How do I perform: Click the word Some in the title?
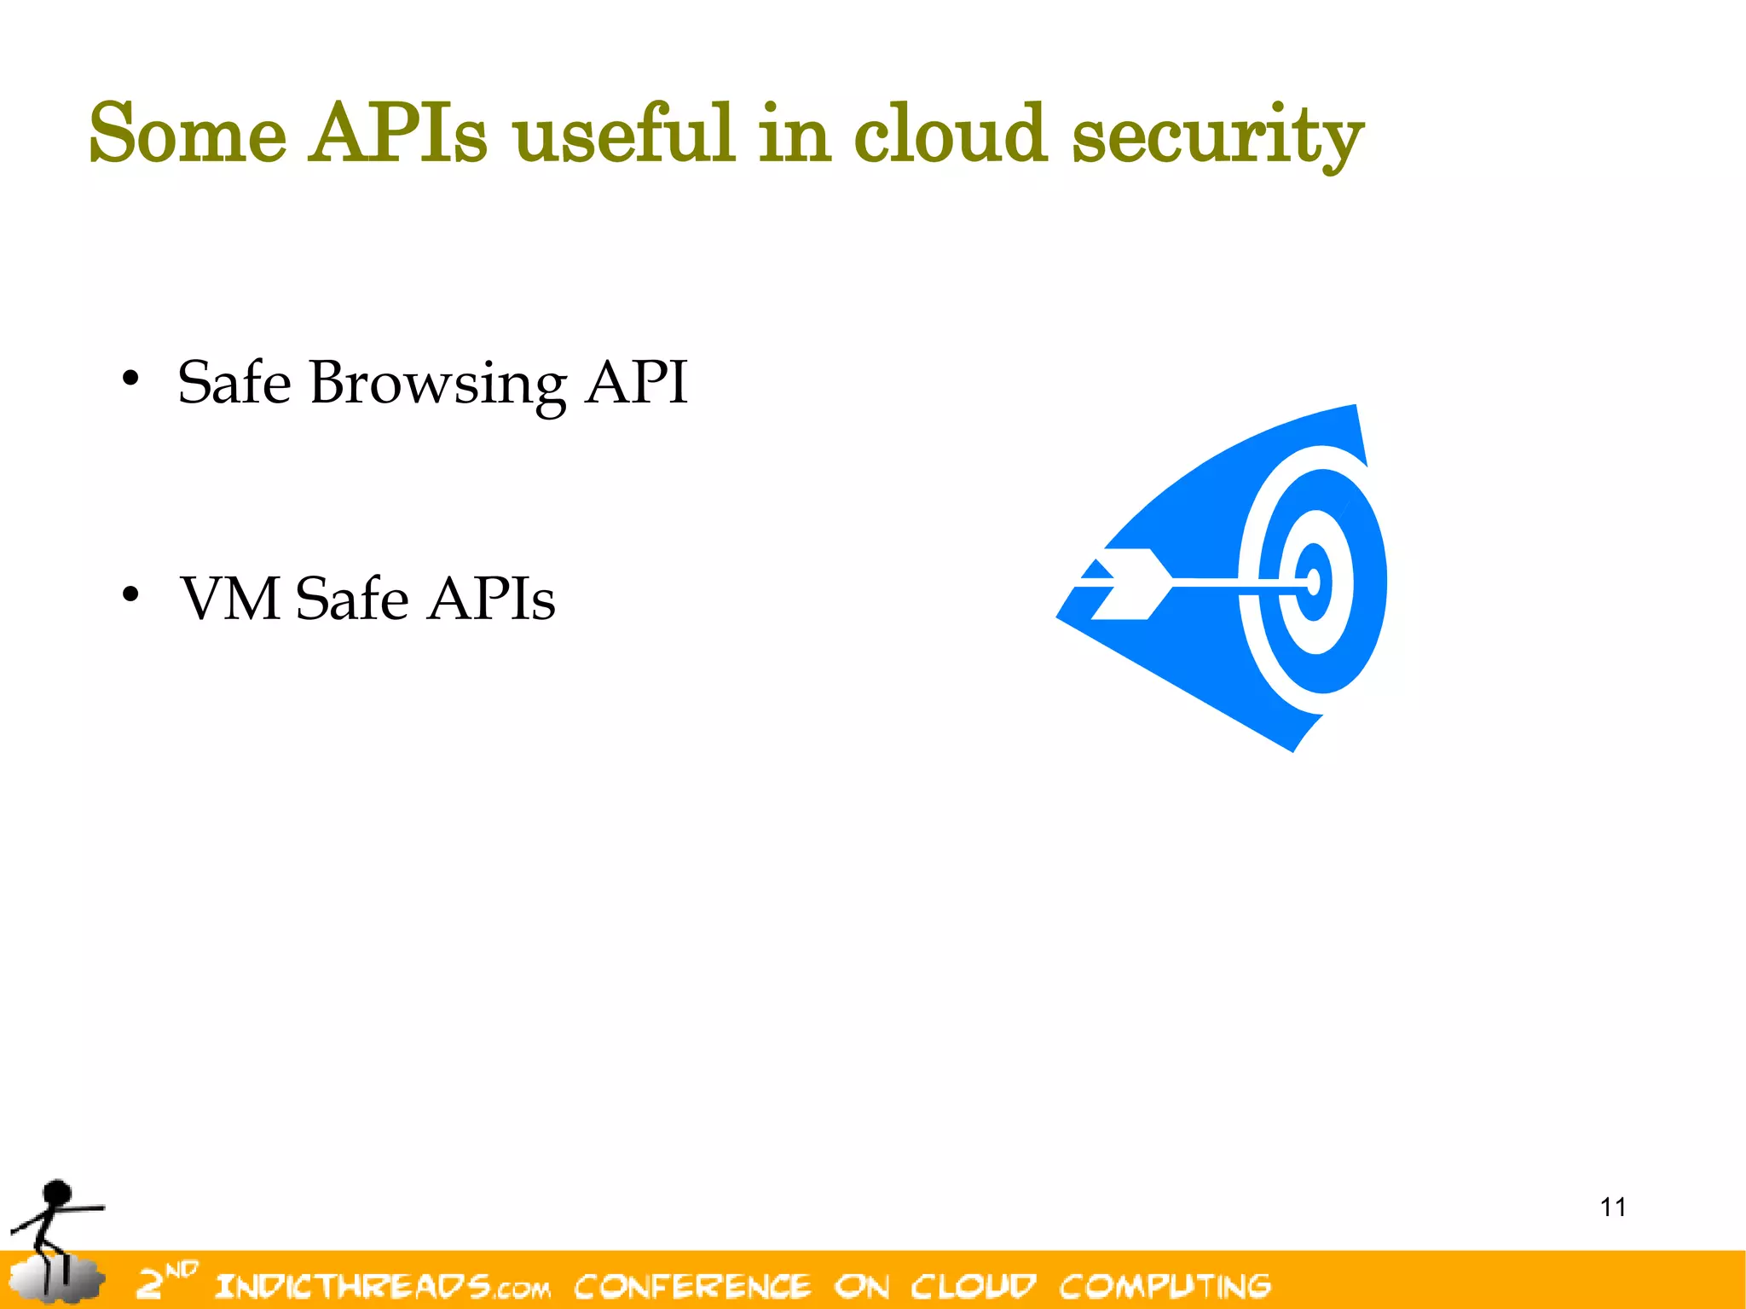click(x=188, y=134)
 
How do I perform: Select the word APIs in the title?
click(x=398, y=134)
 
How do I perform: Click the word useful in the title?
click(x=623, y=134)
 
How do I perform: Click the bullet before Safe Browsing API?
click(x=130, y=379)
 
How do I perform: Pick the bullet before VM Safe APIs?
click(x=130, y=594)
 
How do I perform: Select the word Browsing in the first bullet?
click(x=437, y=384)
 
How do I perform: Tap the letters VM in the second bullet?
click(x=230, y=599)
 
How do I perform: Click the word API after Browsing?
click(x=636, y=382)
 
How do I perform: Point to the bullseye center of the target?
click(x=1314, y=582)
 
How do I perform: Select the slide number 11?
click(x=1613, y=1207)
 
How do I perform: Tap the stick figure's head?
click(x=58, y=1191)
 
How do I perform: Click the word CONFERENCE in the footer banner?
click(x=692, y=1285)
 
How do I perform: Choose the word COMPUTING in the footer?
click(x=1165, y=1285)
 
